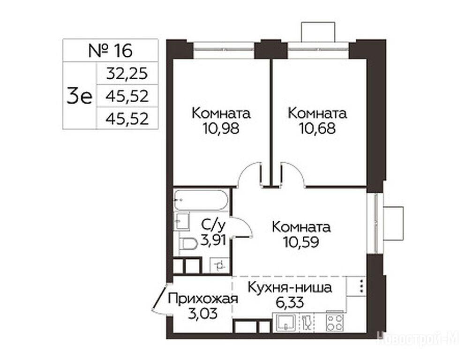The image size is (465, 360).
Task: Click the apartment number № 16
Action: (110, 51)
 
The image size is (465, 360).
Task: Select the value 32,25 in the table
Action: (127, 74)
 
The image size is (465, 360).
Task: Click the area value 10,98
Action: (221, 129)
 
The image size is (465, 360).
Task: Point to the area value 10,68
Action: (317, 129)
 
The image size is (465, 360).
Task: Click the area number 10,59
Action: (301, 242)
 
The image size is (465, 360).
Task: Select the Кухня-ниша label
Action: (290, 288)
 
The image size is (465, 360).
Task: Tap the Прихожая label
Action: (203, 299)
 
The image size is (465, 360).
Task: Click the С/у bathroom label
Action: (213, 225)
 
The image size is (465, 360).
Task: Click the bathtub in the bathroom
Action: (201, 200)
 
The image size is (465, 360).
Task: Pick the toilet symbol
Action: (188, 244)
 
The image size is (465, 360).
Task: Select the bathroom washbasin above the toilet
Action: (181, 221)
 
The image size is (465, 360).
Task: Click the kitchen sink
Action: (286, 322)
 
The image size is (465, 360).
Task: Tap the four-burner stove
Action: (335, 322)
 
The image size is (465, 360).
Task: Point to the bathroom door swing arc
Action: (244, 227)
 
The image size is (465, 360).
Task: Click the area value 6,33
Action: (290, 302)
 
